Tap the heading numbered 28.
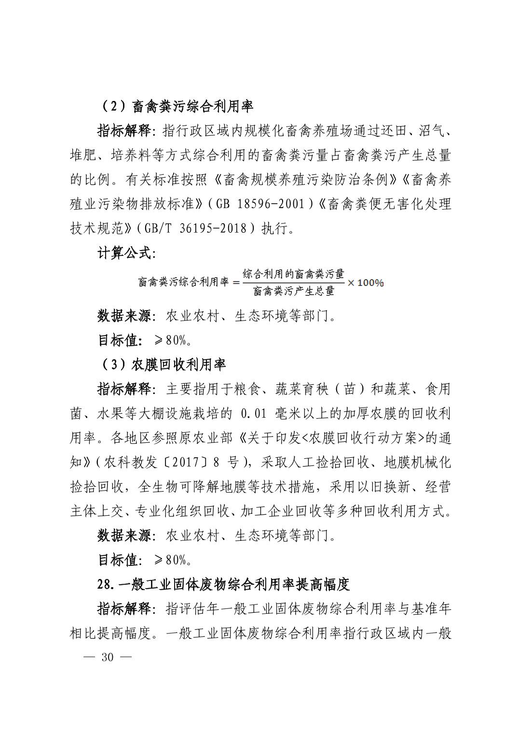pos(223,584)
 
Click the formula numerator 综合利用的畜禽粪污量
pos(294,274)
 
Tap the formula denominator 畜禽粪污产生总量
pos(294,291)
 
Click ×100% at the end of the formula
pos(366,282)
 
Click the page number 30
pos(107,657)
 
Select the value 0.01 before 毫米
pos(257,414)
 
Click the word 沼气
pos(436,131)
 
